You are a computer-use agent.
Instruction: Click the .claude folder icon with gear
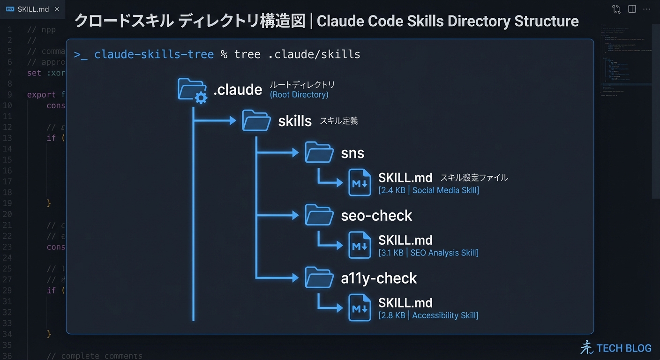(192, 90)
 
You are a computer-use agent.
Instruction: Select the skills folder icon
(256, 120)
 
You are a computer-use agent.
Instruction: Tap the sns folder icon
(319, 152)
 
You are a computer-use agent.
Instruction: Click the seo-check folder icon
(319, 215)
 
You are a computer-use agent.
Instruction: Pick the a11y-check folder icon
(319, 277)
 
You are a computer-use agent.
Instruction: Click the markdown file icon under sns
(360, 183)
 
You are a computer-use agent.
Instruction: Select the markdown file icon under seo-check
(360, 245)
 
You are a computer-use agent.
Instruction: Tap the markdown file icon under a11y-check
(360, 308)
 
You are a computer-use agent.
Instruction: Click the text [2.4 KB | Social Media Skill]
(428, 190)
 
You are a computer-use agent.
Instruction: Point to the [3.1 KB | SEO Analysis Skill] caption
(428, 253)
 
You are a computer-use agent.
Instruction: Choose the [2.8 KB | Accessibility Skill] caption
(428, 315)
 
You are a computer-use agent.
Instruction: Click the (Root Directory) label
(299, 95)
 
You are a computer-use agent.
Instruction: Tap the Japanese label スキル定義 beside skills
(338, 121)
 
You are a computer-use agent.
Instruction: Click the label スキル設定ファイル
(474, 178)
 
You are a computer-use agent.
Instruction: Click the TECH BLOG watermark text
(623, 348)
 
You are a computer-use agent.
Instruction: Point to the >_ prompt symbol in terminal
(81, 55)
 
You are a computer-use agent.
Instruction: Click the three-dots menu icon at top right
(647, 9)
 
